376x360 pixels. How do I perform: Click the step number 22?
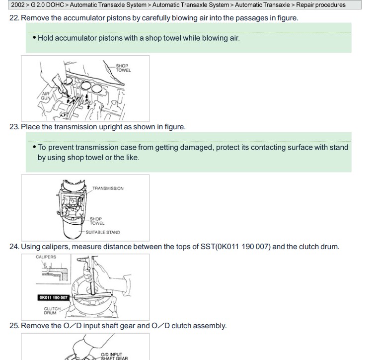(x=14, y=18)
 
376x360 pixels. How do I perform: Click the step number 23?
(x=14, y=127)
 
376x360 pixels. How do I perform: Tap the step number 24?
(x=14, y=247)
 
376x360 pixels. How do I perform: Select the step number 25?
(x=14, y=326)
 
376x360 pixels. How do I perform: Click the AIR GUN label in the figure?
(x=46, y=96)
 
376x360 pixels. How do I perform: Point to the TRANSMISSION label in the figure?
(x=108, y=188)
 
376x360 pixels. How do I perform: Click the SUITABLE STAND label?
(x=103, y=232)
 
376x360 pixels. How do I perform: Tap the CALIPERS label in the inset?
(x=46, y=257)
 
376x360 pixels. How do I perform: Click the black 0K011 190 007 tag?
(x=54, y=298)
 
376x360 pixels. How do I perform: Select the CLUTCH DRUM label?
(x=52, y=311)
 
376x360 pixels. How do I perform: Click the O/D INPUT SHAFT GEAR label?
(x=114, y=356)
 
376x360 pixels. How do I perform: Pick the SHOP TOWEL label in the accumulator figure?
(x=124, y=68)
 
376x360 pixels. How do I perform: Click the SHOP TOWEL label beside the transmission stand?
(x=97, y=221)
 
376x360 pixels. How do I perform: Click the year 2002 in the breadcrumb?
(x=18, y=5)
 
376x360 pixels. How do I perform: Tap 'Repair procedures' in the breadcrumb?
(x=321, y=5)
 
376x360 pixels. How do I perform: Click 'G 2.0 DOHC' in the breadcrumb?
(x=47, y=5)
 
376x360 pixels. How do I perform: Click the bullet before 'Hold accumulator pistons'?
(x=34, y=38)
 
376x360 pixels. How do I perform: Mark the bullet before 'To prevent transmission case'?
(x=34, y=147)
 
